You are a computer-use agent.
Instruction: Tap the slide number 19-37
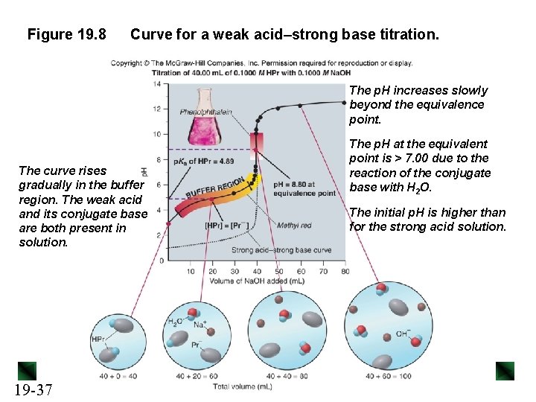click(x=32, y=389)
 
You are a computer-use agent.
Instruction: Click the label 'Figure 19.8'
click(x=67, y=34)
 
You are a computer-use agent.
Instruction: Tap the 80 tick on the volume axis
click(x=345, y=271)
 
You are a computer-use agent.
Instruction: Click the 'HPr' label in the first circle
click(x=98, y=339)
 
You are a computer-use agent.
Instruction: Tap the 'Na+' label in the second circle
click(x=200, y=325)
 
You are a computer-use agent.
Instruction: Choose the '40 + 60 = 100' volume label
click(x=388, y=376)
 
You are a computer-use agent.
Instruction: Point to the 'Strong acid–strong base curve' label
click(x=281, y=251)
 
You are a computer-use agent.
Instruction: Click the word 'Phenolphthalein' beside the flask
click(x=206, y=112)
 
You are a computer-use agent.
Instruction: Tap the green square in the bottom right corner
click(x=505, y=371)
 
